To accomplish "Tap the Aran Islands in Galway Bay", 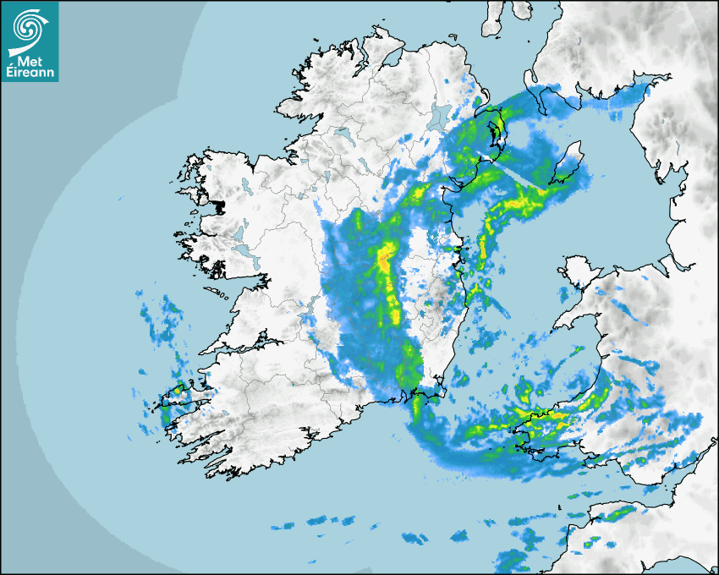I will [x=222, y=295].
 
